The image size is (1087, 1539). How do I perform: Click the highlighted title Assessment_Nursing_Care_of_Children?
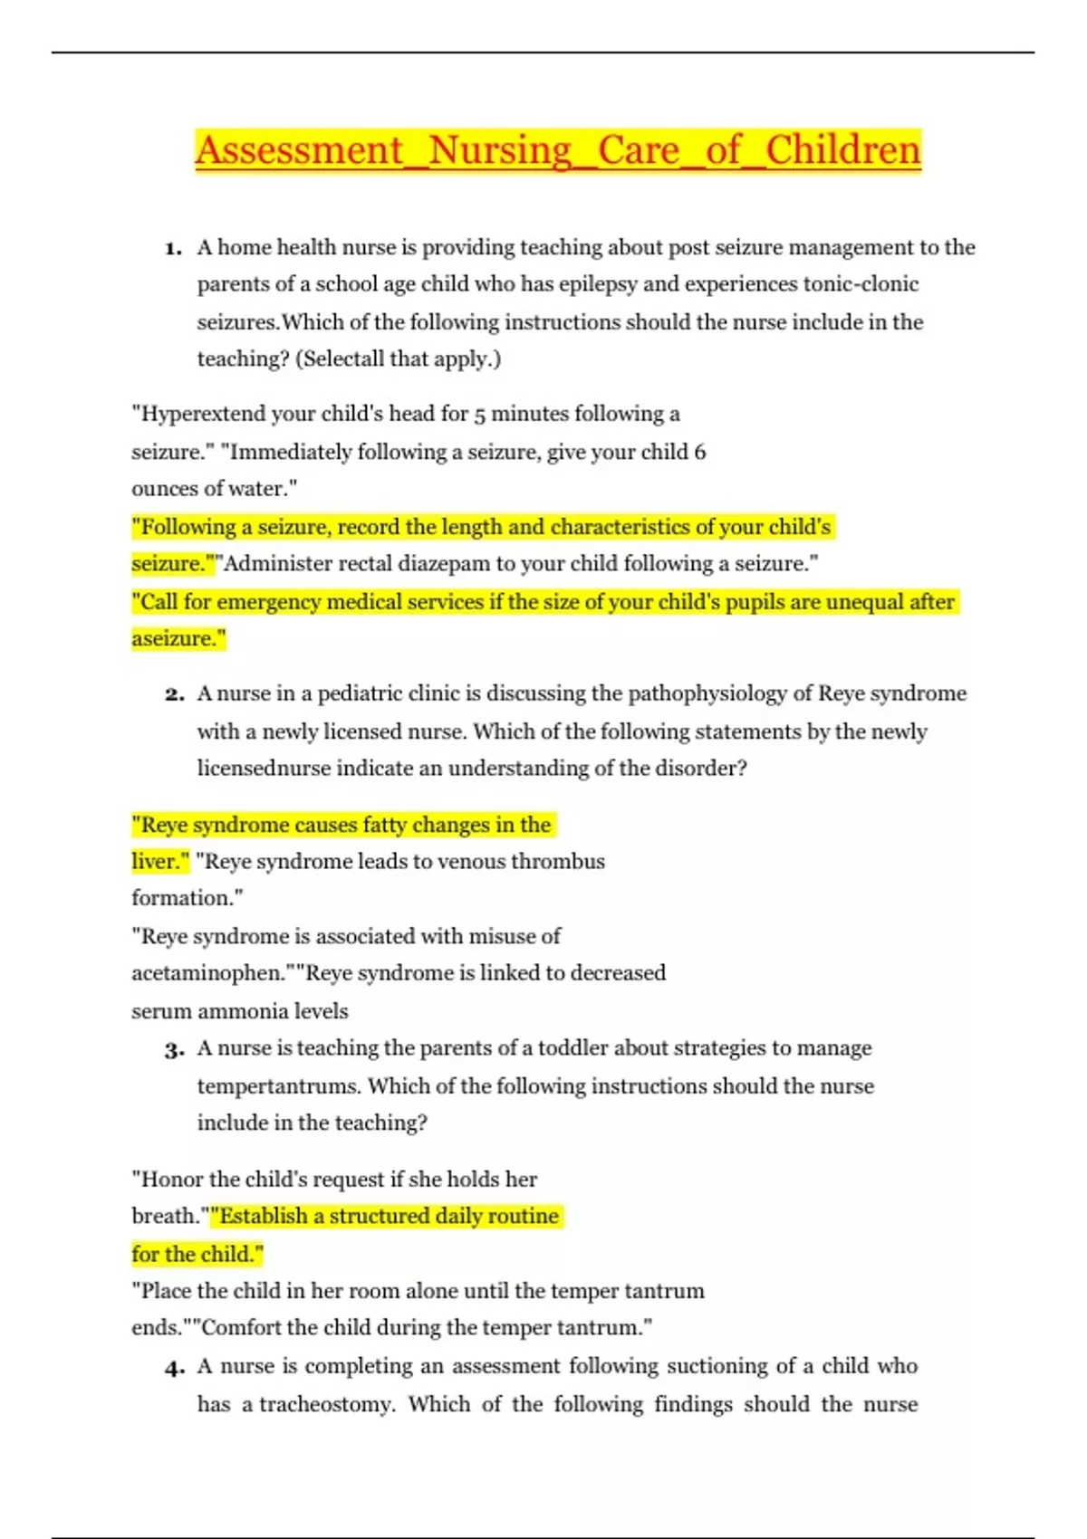(557, 150)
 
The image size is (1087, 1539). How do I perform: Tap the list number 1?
(173, 248)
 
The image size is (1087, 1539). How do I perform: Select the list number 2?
(174, 694)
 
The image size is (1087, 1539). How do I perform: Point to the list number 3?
(174, 1049)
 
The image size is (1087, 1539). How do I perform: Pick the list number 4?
(174, 1368)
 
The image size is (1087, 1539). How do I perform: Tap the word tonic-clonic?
(861, 284)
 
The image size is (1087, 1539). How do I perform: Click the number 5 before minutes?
(480, 415)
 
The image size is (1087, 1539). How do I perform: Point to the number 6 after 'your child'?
(699, 452)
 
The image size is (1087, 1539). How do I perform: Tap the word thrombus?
(557, 861)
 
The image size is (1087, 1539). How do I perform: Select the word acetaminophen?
(207, 973)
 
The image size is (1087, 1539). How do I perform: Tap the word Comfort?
(241, 1328)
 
